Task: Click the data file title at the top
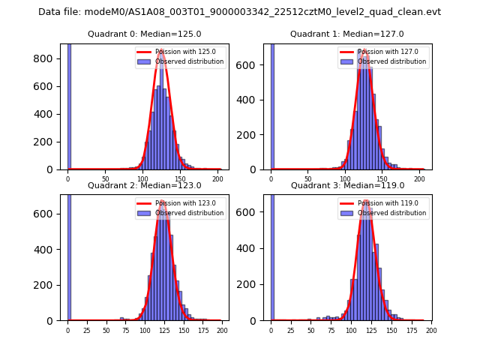(239, 12)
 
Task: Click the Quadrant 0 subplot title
(145, 34)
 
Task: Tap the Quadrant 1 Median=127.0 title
(347, 34)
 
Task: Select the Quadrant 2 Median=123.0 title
(145, 185)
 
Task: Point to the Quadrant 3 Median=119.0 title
(347, 185)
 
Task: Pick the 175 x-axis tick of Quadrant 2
(202, 330)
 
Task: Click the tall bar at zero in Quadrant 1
(272, 105)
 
